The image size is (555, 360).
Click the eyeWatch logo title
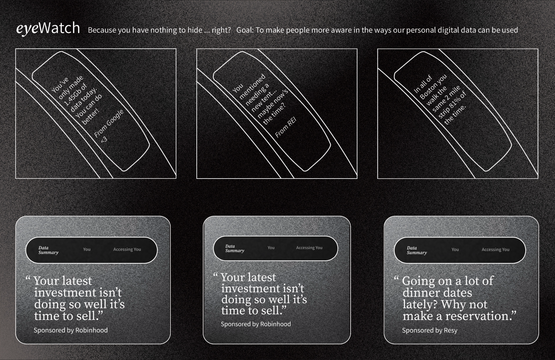coord(48,29)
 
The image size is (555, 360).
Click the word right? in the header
coord(221,30)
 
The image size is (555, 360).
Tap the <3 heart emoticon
coord(104,139)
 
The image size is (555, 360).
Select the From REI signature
coord(285,127)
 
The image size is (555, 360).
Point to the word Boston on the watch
coord(433,86)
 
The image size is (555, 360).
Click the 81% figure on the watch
coord(454,102)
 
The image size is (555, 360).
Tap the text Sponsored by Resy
coord(430,330)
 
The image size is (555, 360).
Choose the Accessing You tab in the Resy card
coord(495,249)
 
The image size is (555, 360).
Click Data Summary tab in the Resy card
coord(417,250)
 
